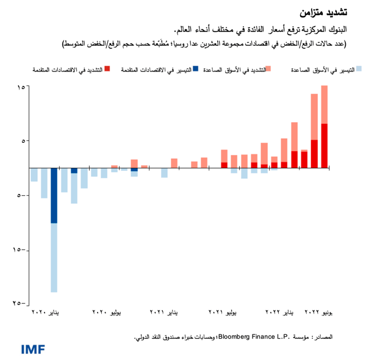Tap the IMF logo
coord(33,349)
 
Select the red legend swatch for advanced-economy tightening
coord(107,70)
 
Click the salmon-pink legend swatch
coord(268,70)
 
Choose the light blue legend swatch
coord(359,70)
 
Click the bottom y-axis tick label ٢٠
coord(18,303)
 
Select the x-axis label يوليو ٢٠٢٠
coord(107,312)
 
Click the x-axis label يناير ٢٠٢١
coord(165,312)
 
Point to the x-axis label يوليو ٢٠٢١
coord(223,312)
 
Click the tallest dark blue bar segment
coord(54,195)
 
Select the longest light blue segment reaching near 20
coord(54,257)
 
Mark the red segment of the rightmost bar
coord(324,145)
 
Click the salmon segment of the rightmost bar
coord(324,104)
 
